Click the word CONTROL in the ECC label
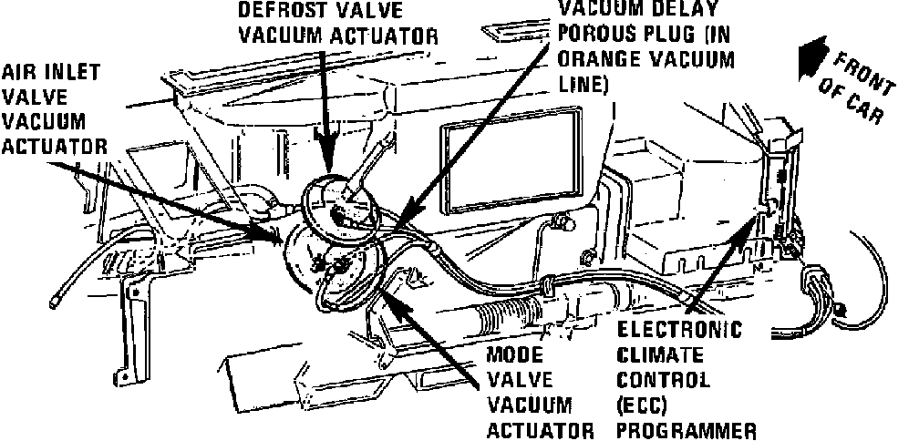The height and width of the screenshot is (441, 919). [x=663, y=378]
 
